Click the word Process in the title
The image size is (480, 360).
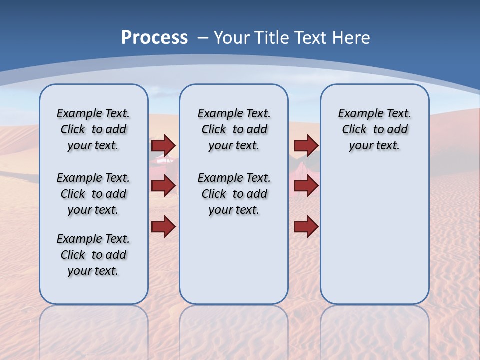(154, 38)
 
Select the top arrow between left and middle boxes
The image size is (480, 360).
(163, 145)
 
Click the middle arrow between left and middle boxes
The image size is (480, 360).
(163, 186)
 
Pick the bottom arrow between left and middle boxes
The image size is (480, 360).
(163, 226)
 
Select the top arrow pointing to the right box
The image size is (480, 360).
(306, 145)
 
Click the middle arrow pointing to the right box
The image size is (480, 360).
(306, 186)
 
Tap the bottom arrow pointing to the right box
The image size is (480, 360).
(306, 226)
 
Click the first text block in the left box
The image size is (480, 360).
(93, 129)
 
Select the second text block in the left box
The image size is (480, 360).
(93, 194)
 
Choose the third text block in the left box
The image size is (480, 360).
(93, 255)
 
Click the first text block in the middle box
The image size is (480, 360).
(234, 129)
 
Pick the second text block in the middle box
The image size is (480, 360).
(234, 194)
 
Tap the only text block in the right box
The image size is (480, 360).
(374, 129)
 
